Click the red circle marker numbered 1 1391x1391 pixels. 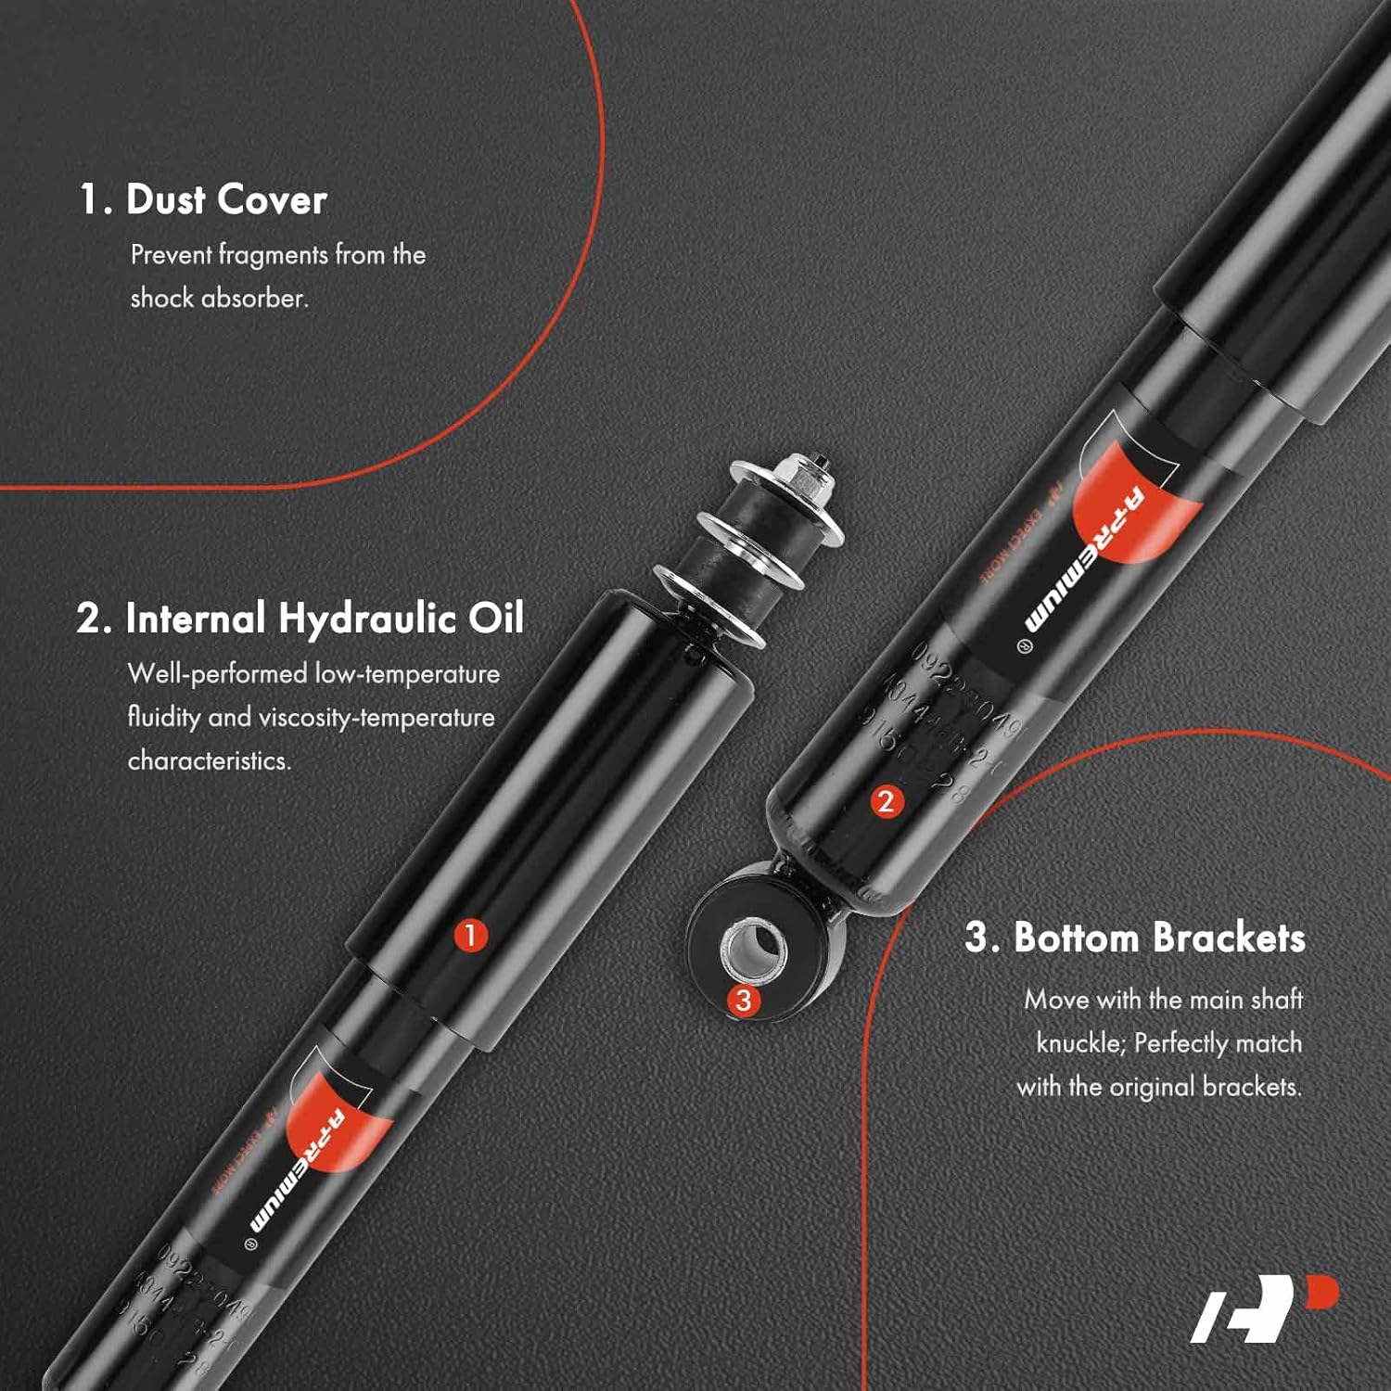coord(470,935)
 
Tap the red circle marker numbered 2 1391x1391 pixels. coord(885,801)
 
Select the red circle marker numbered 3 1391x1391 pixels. coord(743,1000)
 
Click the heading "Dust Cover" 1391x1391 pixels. coord(203,199)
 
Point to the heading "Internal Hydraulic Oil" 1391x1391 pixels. coord(300,619)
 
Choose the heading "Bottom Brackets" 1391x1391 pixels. coord(1135,938)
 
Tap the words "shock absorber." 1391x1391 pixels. coord(219,298)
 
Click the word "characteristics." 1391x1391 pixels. coord(210,760)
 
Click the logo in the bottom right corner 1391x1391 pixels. coord(1265,1308)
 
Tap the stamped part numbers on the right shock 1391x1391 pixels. coord(937,723)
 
